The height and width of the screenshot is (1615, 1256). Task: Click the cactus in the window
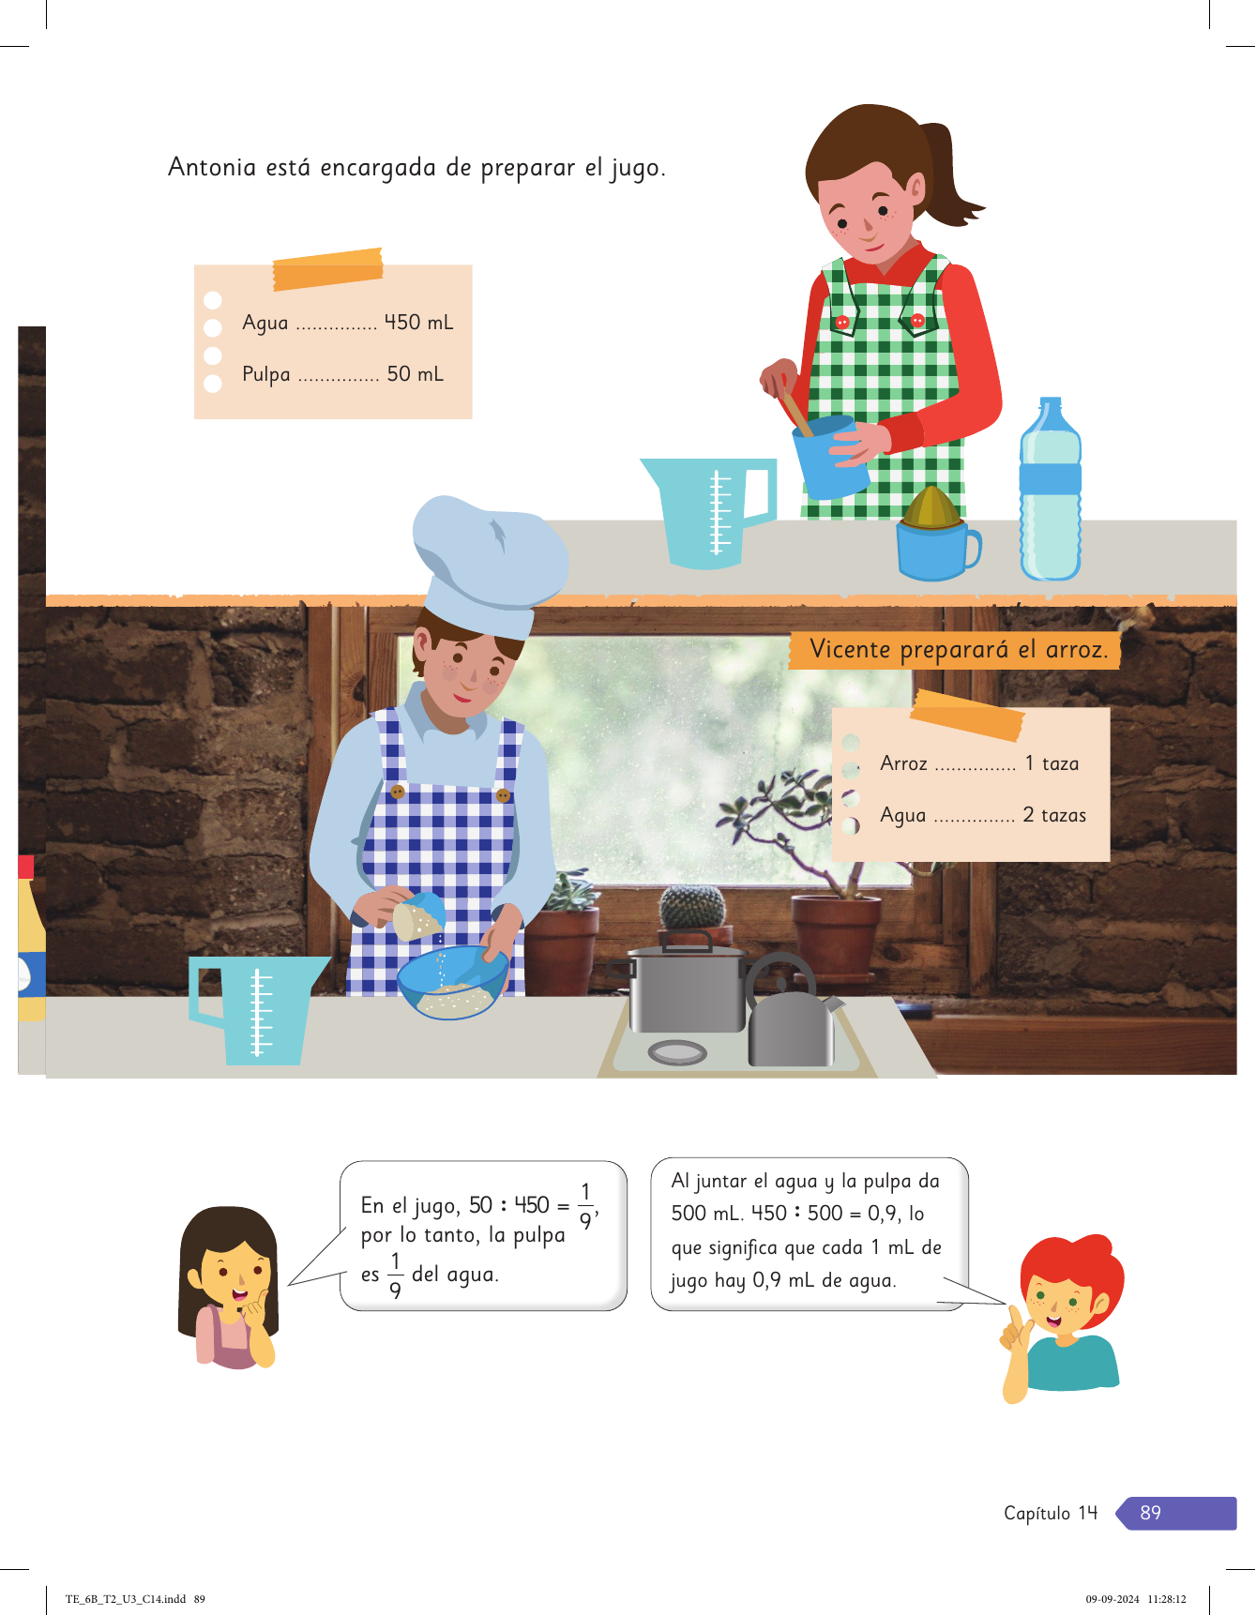click(x=693, y=907)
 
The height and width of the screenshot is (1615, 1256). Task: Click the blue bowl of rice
click(x=453, y=982)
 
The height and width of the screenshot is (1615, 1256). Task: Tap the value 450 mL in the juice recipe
click(x=418, y=322)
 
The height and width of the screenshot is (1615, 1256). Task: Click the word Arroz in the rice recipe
click(x=903, y=763)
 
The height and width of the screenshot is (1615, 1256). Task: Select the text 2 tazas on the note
click(x=1054, y=815)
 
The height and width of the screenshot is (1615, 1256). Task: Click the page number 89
click(x=1150, y=1513)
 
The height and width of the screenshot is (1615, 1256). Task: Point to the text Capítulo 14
click(x=1051, y=1513)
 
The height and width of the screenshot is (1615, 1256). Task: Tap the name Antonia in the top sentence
click(x=212, y=167)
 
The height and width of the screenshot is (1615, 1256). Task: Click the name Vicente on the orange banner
click(x=850, y=649)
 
